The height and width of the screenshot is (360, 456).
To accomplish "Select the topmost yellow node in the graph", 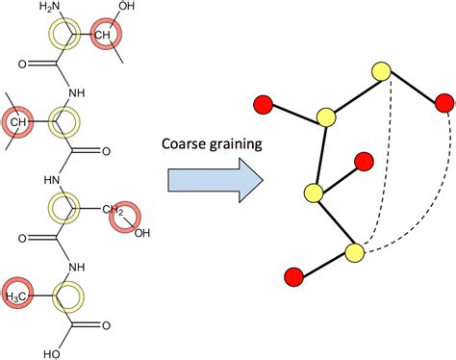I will coord(381,70).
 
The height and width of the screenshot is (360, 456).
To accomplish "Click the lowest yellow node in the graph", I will coord(354,253).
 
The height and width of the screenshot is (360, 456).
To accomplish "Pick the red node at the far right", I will coord(443,101).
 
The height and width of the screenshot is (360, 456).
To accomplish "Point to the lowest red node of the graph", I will coord(294,277).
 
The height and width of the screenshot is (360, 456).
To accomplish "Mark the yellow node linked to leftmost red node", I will coord(325,117).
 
